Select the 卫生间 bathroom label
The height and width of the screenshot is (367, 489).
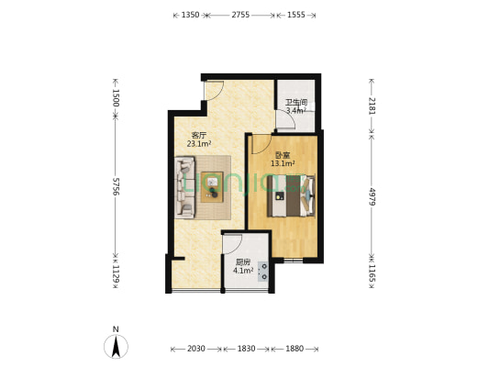pyautogui.click(x=295, y=103)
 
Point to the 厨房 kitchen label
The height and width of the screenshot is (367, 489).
pyautogui.click(x=243, y=261)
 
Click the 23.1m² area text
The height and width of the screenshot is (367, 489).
pyautogui.click(x=199, y=144)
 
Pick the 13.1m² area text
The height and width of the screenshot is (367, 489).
pyautogui.click(x=283, y=165)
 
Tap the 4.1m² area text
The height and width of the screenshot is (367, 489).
pyautogui.click(x=243, y=271)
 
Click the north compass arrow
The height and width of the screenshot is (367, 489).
pyautogui.click(x=116, y=345)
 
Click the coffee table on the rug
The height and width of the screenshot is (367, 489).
pyautogui.click(x=213, y=186)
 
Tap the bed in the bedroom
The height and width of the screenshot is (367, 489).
pyautogui.click(x=294, y=195)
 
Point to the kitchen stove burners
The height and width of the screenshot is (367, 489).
pyautogui.click(x=264, y=272)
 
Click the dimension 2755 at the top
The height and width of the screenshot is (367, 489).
pyautogui.click(x=240, y=16)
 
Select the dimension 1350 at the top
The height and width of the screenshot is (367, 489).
pyautogui.click(x=190, y=16)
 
